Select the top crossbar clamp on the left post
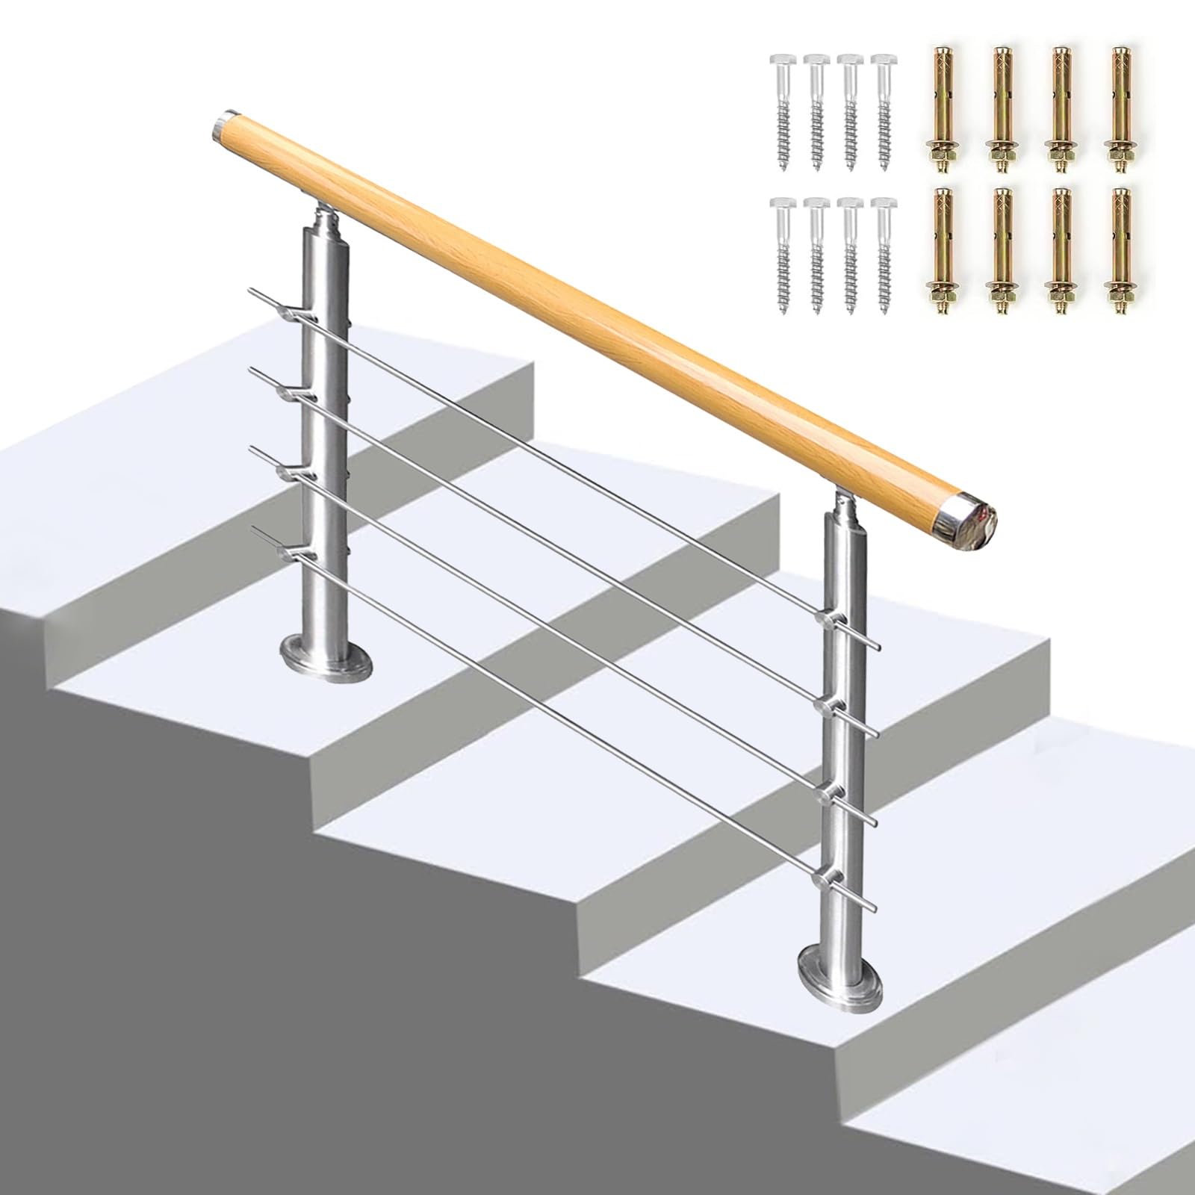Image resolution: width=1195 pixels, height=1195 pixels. pyautogui.click(x=294, y=308)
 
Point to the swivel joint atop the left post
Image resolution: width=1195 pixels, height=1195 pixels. pyautogui.click(x=326, y=217)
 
